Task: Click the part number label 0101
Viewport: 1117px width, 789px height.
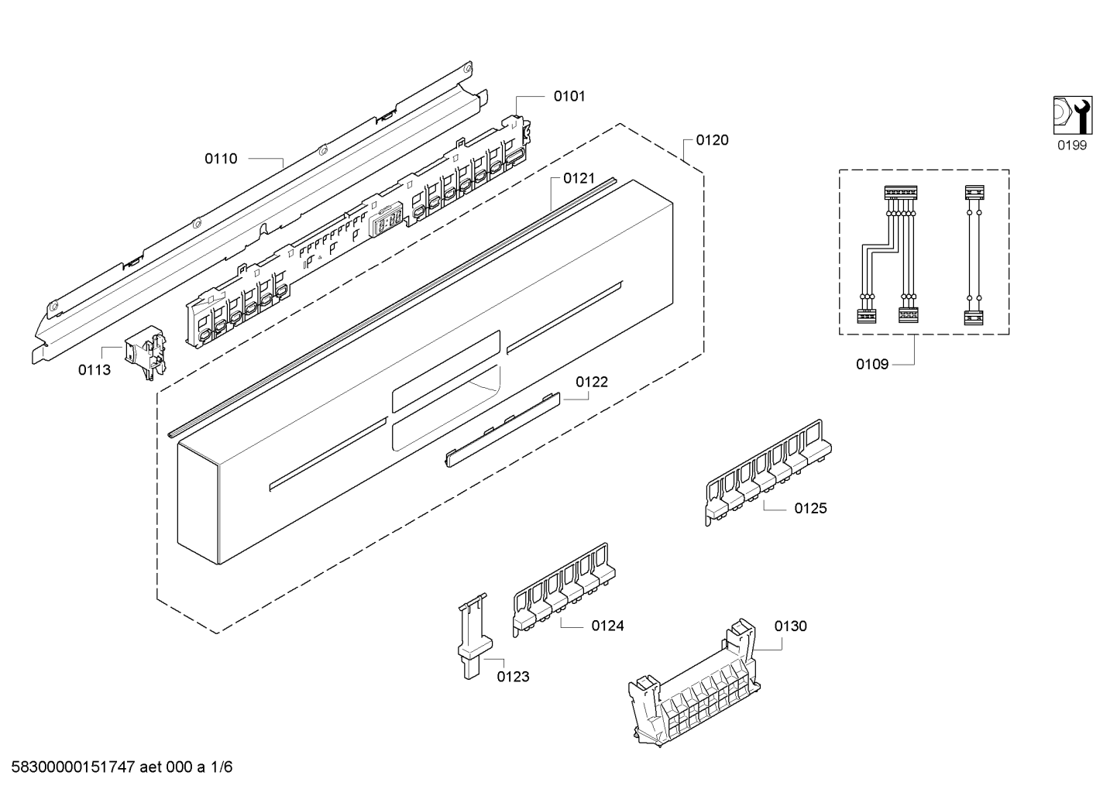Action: click(x=569, y=96)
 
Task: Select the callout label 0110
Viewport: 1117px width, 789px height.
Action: click(x=221, y=159)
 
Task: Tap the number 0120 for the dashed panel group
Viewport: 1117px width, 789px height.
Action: click(x=712, y=140)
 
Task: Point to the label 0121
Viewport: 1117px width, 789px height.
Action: click(x=579, y=178)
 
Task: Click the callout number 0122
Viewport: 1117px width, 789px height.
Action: click(x=592, y=382)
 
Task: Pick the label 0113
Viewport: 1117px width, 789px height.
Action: click(x=95, y=370)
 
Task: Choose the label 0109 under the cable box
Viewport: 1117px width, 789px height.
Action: click(x=872, y=365)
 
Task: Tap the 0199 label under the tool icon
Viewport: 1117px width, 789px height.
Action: click(x=1072, y=146)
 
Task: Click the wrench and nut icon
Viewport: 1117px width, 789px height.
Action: click(x=1073, y=115)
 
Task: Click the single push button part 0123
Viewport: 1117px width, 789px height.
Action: click(x=474, y=636)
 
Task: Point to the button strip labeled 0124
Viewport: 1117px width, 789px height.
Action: click(x=563, y=590)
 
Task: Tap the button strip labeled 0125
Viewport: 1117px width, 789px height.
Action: click(x=768, y=472)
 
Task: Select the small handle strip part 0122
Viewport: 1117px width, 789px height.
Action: click(x=502, y=430)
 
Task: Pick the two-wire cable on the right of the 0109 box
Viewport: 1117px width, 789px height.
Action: click(x=974, y=255)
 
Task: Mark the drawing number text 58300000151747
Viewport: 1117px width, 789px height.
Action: click(x=74, y=767)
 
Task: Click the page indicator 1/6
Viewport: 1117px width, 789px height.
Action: click(x=221, y=767)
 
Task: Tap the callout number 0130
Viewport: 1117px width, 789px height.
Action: click(x=790, y=626)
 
